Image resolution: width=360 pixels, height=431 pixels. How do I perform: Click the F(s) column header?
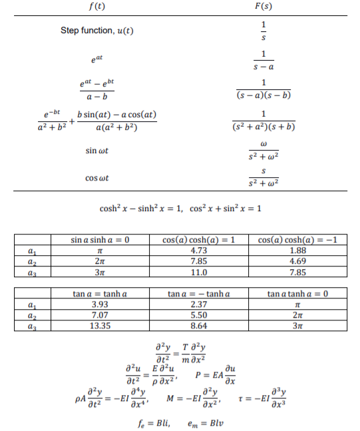point(264,7)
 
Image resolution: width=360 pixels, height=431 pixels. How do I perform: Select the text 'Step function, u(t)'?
point(97,31)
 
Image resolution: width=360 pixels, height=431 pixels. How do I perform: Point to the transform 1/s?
point(264,31)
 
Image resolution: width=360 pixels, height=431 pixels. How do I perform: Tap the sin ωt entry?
point(97,151)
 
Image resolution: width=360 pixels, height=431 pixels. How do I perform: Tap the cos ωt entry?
point(97,178)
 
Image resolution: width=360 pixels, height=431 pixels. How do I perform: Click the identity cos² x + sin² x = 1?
point(222,209)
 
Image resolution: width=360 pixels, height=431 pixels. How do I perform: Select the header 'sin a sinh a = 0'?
point(100,238)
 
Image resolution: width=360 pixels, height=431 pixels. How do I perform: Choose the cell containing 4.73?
point(198,250)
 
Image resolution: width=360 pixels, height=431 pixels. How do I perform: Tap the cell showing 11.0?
point(198,272)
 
